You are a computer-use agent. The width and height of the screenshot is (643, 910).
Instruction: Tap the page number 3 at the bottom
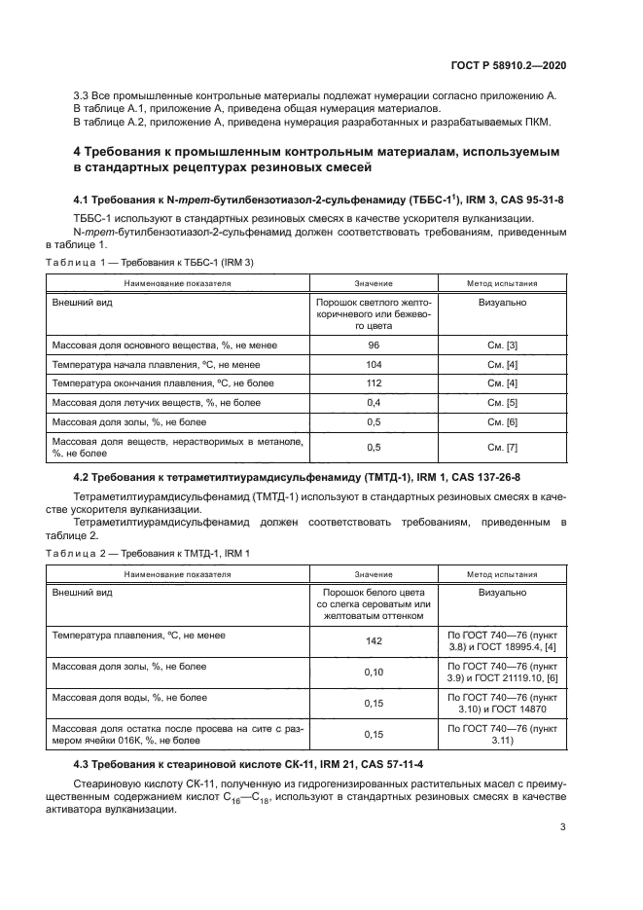click(562, 828)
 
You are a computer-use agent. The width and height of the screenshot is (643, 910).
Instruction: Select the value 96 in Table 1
click(373, 345)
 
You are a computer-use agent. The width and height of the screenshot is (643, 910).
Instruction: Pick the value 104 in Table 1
click(373, 364)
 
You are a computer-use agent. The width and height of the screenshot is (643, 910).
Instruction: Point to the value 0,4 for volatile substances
click(373, 402)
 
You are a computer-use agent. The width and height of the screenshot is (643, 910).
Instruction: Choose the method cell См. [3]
click(501, 345)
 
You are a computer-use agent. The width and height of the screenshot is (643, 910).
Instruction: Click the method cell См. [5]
click(501, 402)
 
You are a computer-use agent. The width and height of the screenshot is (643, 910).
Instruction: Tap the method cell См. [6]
click(501, 421)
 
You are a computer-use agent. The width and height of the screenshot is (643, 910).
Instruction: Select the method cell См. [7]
click(501, 447)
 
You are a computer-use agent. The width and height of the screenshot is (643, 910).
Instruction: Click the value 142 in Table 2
click(373, 641)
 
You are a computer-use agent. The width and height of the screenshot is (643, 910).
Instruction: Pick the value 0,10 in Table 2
click(373, 672)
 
